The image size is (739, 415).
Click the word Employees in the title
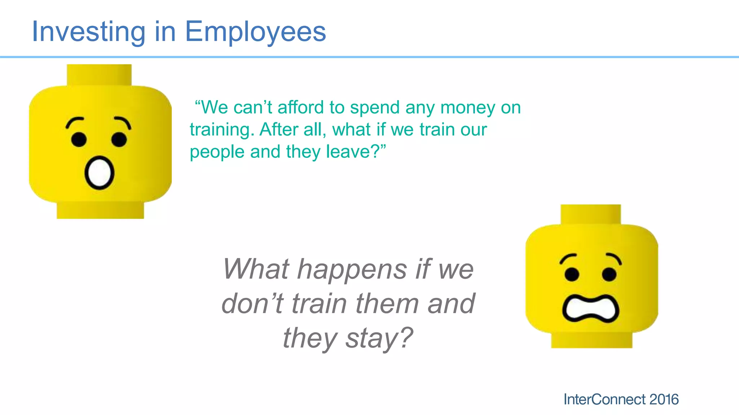coord(255,32)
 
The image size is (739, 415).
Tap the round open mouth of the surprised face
coord(99,173)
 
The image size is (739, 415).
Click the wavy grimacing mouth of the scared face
coord(591,308)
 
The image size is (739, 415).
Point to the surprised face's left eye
coord(79,139)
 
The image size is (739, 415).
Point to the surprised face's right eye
coord(119,139)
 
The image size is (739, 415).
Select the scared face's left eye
coord(572,275)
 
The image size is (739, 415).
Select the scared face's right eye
coord(609,275)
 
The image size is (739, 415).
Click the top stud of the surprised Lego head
coord(99,75)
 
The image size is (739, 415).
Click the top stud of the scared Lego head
coord(591,214)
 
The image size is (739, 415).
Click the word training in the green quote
coord(219,130)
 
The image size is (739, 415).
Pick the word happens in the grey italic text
coord(352,269)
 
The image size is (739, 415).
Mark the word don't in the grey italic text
coord(252,303)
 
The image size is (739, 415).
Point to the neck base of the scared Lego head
coord(591,340)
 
